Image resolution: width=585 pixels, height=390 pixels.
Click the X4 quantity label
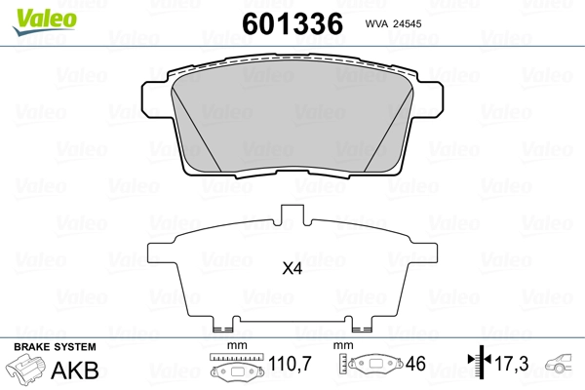click(292, 270)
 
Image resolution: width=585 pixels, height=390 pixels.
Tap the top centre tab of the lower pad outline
click(292, 215)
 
